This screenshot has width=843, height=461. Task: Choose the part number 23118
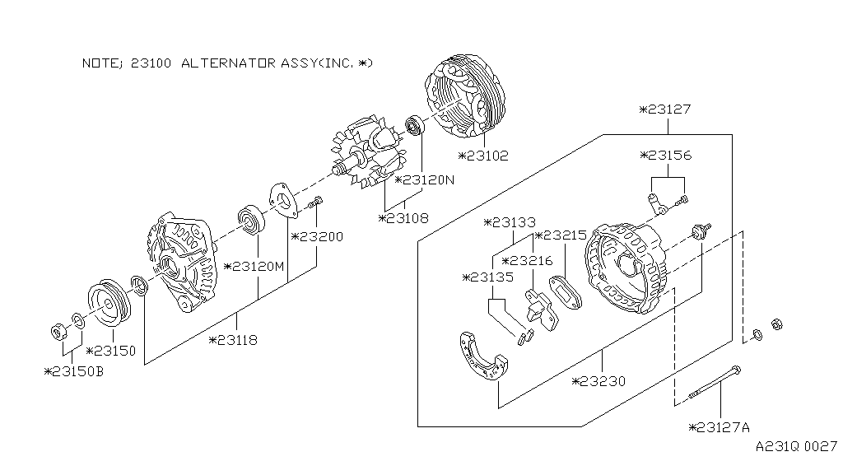[238, 339]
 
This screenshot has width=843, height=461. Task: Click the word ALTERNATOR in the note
[227, 63]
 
